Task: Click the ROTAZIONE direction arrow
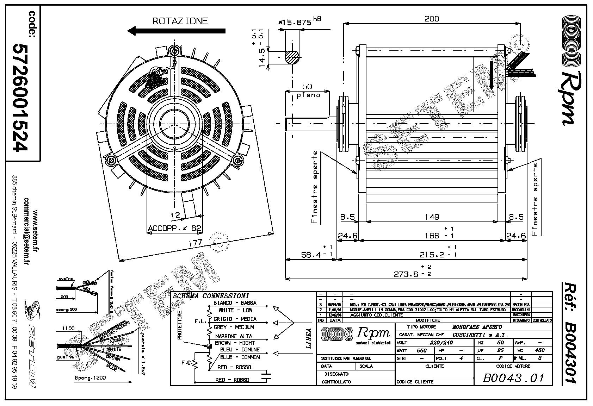[176, 31]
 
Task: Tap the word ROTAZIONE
[180, 21]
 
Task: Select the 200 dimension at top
[432, 19]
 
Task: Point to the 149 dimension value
[432, 217]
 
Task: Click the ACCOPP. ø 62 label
[174, 228]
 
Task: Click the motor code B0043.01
[513, 378]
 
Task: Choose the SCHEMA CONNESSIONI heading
[211, 296]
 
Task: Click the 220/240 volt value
[442, 343]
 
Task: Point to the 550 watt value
[421, 351]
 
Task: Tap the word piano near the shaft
[308, 95]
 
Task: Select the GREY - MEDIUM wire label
[234, 327]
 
